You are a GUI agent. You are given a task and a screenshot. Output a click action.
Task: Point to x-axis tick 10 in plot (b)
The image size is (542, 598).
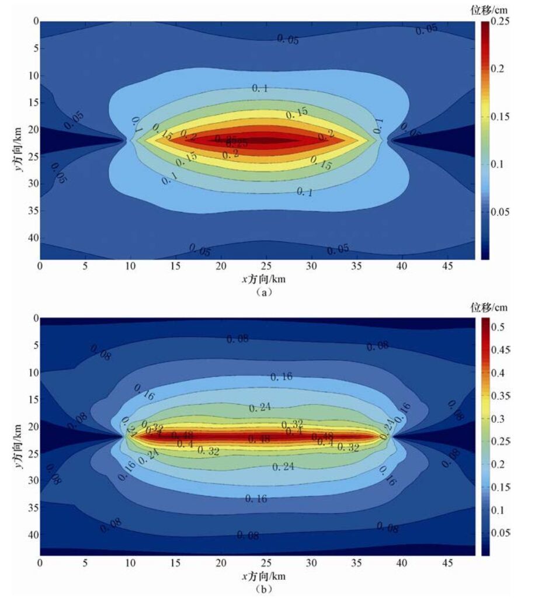click(x=130, y=563)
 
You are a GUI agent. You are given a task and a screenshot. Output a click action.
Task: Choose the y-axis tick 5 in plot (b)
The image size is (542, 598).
click(x=33, y=345)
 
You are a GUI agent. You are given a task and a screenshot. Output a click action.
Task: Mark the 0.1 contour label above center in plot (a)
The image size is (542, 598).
click(x=260, y=88)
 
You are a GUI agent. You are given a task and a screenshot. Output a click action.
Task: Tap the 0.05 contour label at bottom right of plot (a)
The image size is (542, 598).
click(x=338, y=249)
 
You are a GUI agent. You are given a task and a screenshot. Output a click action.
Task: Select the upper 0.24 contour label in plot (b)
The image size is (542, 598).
click(x=260, y=408)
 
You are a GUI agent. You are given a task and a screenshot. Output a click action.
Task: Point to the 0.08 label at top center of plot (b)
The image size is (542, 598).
click(x=237, y=338)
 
